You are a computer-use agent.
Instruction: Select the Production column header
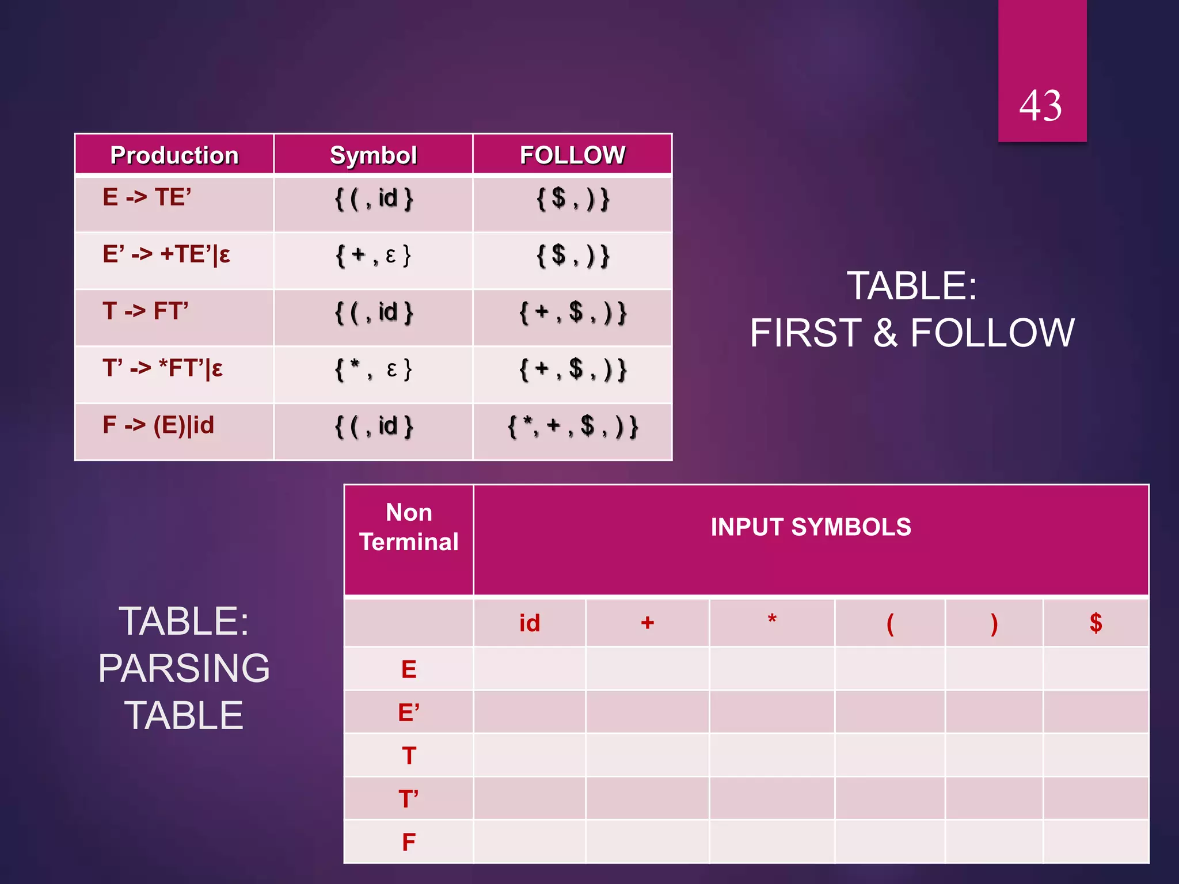[x=174, y=155]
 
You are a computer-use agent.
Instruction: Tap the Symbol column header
[x=373, y=155]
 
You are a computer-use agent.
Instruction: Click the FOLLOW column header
[x=572, y=155]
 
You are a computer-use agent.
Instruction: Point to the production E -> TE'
[x=147, y=197]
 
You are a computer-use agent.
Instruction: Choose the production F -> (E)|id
[x=158, y=425]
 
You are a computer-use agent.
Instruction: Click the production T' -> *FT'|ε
[x=163, y=368]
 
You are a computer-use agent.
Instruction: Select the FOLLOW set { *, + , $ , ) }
[x=572, y=426]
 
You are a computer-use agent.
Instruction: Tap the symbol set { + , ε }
[x=373, y=255]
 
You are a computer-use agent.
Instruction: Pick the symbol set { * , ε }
[x=373, y=369]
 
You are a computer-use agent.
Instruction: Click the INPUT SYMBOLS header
[x=811, y=527]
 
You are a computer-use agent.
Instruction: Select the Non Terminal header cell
[x=409, y=527]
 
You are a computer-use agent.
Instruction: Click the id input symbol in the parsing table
[x=530, y=623]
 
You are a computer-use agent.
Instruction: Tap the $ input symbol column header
[x=1096, y=623]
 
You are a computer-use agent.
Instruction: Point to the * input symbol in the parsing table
[x=772, y=620]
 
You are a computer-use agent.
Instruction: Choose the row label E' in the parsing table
[x=409, y=712]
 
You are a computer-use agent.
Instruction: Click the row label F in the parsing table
[x=409, y=842]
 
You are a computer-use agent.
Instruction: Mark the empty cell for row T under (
[x=890, y=755]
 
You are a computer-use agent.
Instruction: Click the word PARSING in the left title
[x=184, y=668]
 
